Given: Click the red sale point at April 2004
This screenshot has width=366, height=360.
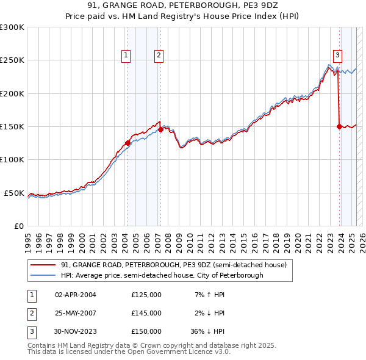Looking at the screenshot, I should point(127,143).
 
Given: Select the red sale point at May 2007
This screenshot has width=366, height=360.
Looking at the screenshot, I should point(161,129).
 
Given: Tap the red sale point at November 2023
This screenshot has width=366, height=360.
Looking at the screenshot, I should point(339,126).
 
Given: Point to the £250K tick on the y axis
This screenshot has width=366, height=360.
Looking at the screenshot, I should point(12,60).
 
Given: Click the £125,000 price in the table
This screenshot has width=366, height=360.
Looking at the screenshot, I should point(146,295).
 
